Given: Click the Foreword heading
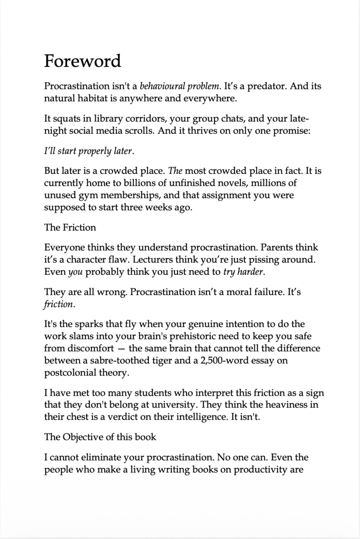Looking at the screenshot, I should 83,61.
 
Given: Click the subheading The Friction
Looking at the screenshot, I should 70,227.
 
